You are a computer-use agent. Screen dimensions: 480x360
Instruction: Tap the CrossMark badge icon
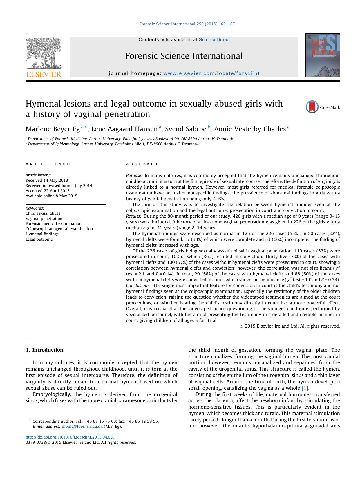coord(312,107)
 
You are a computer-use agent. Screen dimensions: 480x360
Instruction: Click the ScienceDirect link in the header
coord(214,40)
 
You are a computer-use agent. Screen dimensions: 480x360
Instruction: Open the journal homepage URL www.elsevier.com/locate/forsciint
coord(211,73)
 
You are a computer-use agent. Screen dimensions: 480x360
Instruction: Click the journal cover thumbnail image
coord(322,55)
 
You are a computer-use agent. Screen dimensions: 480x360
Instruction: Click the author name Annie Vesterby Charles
coord(250,129)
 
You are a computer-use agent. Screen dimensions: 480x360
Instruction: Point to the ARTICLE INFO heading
coord(48,164)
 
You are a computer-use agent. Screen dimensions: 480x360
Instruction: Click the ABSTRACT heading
coord(142,164)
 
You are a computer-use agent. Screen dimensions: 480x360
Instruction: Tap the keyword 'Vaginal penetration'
coord(44,219)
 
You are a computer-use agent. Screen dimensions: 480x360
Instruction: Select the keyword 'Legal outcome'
coord(39,239)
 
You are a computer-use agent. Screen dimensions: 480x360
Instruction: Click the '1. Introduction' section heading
coord(44,350)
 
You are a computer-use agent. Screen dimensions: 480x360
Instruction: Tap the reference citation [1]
coord(305,388)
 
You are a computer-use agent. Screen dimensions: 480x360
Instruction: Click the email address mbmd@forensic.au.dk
coord(82,426)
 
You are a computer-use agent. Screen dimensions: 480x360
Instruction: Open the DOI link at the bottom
coord(70,437)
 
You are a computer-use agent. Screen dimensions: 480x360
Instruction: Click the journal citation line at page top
coord(187,24)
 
